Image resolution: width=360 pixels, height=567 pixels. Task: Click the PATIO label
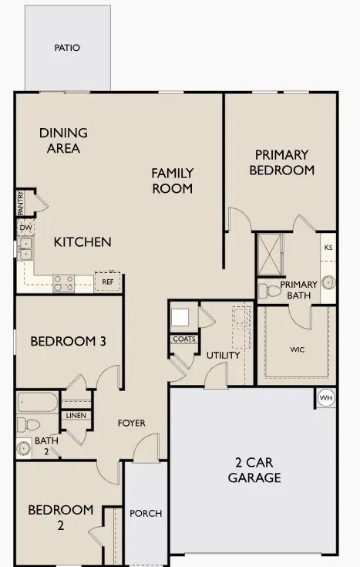click(x=67, y=48)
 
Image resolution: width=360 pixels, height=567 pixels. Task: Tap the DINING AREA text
click(x=63, y=140)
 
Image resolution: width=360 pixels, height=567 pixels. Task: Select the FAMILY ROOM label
click(x=172, y=181)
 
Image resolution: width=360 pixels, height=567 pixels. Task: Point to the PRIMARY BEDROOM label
click(x=282, y=162)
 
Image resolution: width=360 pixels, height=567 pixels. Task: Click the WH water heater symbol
click(x=325, y=398)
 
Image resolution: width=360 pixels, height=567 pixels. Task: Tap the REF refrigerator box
click(x=107, y=282)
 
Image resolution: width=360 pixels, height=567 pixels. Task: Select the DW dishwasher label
click(x=25, y=228)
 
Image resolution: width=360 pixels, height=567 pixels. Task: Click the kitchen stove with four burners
click(x=63, y=283)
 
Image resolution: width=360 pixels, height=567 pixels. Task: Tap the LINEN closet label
click(x=76, y=416)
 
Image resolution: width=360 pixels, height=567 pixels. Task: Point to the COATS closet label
click(x=183, y=339)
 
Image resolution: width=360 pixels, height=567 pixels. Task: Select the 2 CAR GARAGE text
click(x=254, y=470)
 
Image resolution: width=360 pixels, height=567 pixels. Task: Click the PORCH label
click(x=145, y=514)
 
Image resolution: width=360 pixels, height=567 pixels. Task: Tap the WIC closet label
click(x=297, y=349)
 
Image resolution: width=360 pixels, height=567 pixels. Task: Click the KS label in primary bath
click(x=328, y=248)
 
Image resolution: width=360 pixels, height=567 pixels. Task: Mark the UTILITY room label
click(x=223, y=356)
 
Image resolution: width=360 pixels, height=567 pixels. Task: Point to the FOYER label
click(x=131, y=423)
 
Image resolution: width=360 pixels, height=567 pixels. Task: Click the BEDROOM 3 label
click(x=68, y=341)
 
